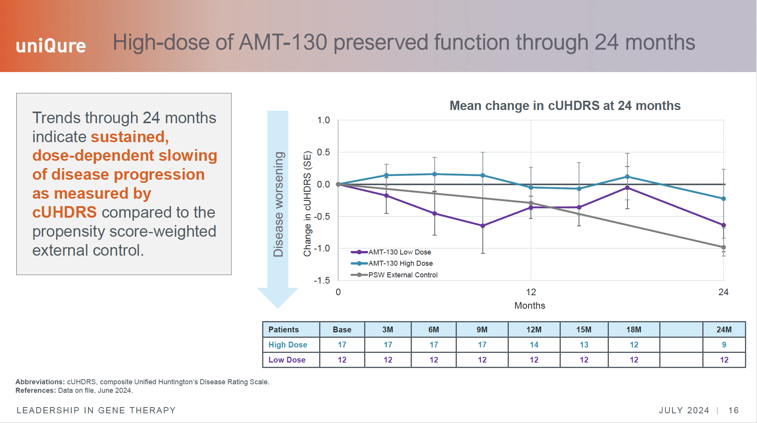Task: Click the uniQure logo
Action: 51,46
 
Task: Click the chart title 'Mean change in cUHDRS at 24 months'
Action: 565,106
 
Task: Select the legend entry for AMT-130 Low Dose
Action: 399,252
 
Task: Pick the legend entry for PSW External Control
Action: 402,275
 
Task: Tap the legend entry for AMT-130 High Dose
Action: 400,263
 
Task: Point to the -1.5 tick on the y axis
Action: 322,280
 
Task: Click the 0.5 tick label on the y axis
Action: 323,152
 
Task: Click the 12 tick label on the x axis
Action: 531,292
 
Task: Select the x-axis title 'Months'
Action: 529,306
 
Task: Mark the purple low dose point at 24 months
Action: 724,225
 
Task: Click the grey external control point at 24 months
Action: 724,247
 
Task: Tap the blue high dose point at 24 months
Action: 724,199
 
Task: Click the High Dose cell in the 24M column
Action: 724,345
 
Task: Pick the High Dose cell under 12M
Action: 534,345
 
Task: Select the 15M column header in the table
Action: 584,330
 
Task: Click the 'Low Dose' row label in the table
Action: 287,360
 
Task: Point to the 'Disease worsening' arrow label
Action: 278,204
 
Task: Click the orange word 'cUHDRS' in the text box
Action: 64,212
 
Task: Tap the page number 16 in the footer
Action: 733,410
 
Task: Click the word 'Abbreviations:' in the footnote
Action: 40,382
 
